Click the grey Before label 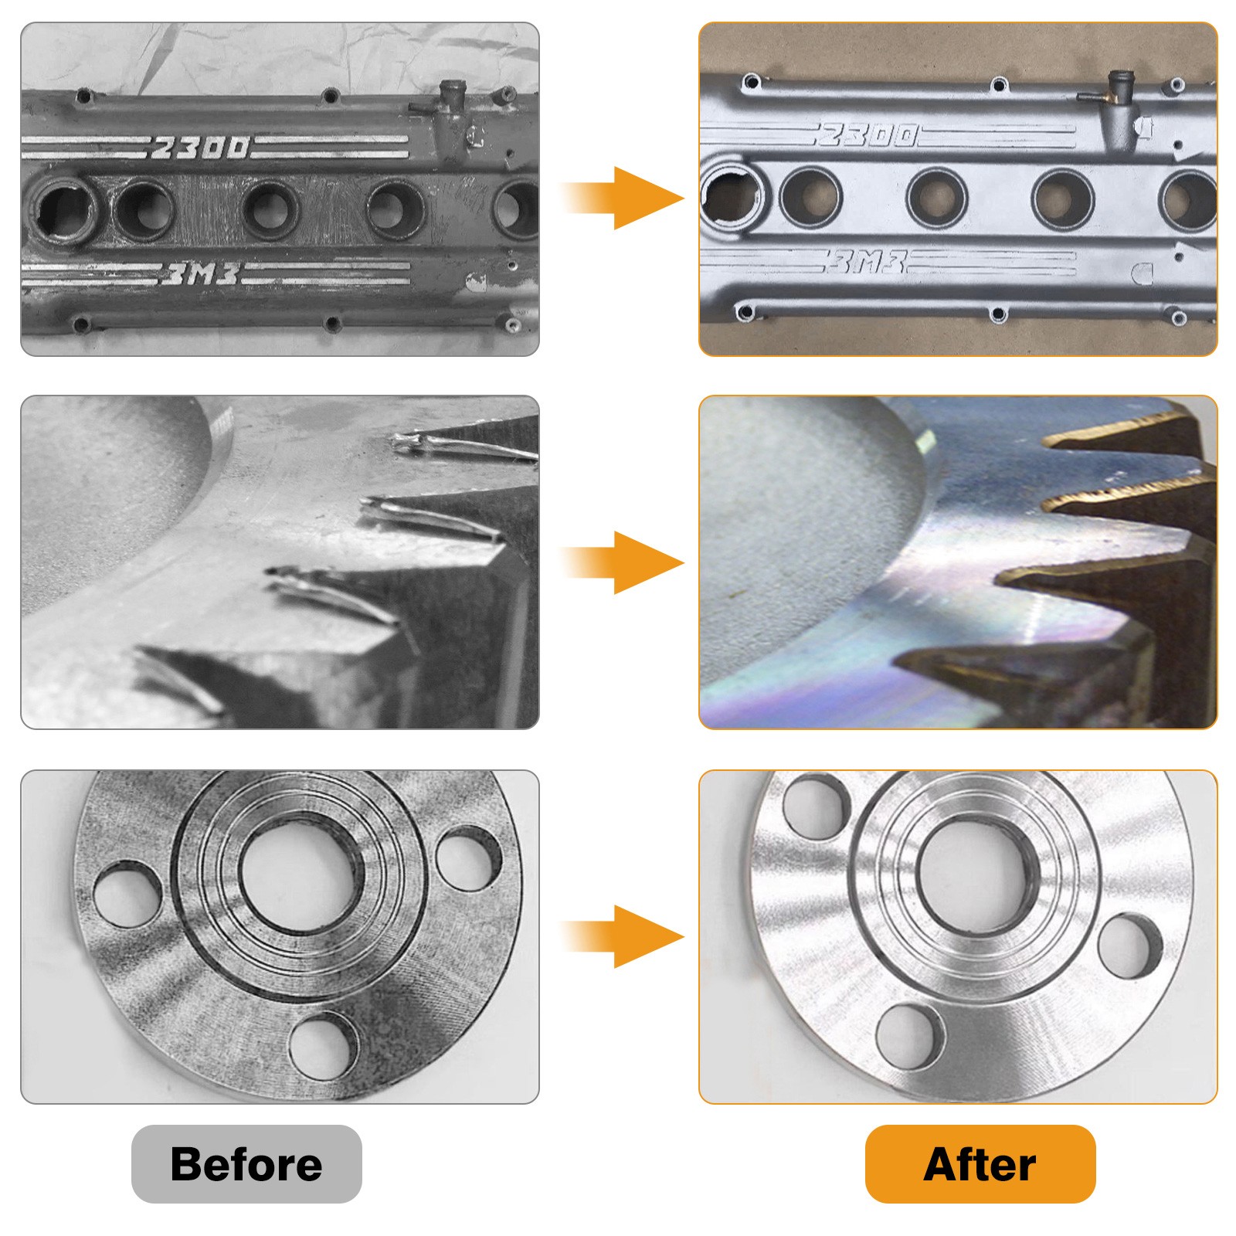(x=246, y=1163)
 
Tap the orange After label (x=980, y=1163)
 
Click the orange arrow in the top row (x=623, y=198)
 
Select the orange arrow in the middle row (x=623, y=562)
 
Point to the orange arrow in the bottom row (x=623, y=936)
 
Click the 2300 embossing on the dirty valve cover (x=201, y=147)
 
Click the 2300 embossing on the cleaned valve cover (x=868, y=136)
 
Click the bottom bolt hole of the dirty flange (x=323, y=1048)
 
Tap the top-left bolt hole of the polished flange (x=814, y=806)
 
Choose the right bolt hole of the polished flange (x=1129, y=946)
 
